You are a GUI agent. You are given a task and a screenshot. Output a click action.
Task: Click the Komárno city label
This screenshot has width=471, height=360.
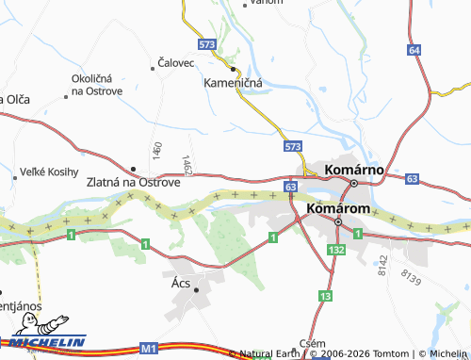352,170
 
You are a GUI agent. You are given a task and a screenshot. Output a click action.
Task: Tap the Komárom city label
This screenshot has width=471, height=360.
335,205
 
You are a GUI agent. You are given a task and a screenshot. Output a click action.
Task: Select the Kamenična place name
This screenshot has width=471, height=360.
233,83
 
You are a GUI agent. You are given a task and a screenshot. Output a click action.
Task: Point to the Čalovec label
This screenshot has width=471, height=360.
176,64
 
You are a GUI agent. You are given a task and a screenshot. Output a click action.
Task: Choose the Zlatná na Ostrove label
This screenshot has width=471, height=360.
133,182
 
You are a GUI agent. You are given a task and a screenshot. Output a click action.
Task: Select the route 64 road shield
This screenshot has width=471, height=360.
414,49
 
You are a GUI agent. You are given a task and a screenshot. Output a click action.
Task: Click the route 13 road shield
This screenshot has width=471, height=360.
325,296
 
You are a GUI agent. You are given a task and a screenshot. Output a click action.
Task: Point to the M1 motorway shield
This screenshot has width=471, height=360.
148,349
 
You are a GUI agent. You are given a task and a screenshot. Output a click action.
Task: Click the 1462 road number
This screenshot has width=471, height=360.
188,165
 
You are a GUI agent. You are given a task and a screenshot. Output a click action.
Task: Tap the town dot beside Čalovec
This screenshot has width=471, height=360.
153,68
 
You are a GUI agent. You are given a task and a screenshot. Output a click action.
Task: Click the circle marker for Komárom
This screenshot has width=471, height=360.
337,221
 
